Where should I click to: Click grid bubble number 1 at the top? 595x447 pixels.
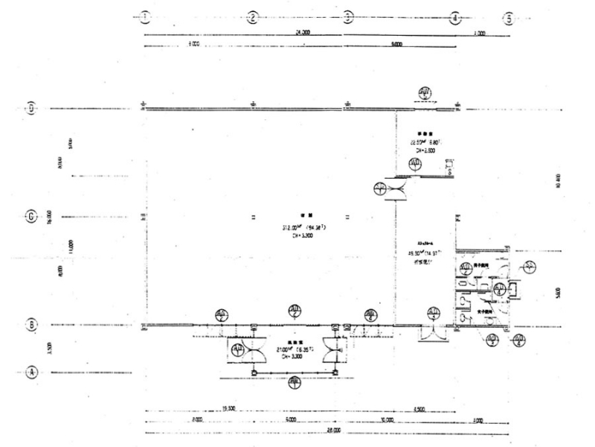point(144,16)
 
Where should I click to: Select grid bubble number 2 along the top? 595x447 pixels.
point(253,16)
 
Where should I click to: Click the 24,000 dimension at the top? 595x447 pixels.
point(302,33)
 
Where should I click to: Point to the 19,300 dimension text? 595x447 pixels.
point(228,409)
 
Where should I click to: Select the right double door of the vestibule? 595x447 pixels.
point(331,351)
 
